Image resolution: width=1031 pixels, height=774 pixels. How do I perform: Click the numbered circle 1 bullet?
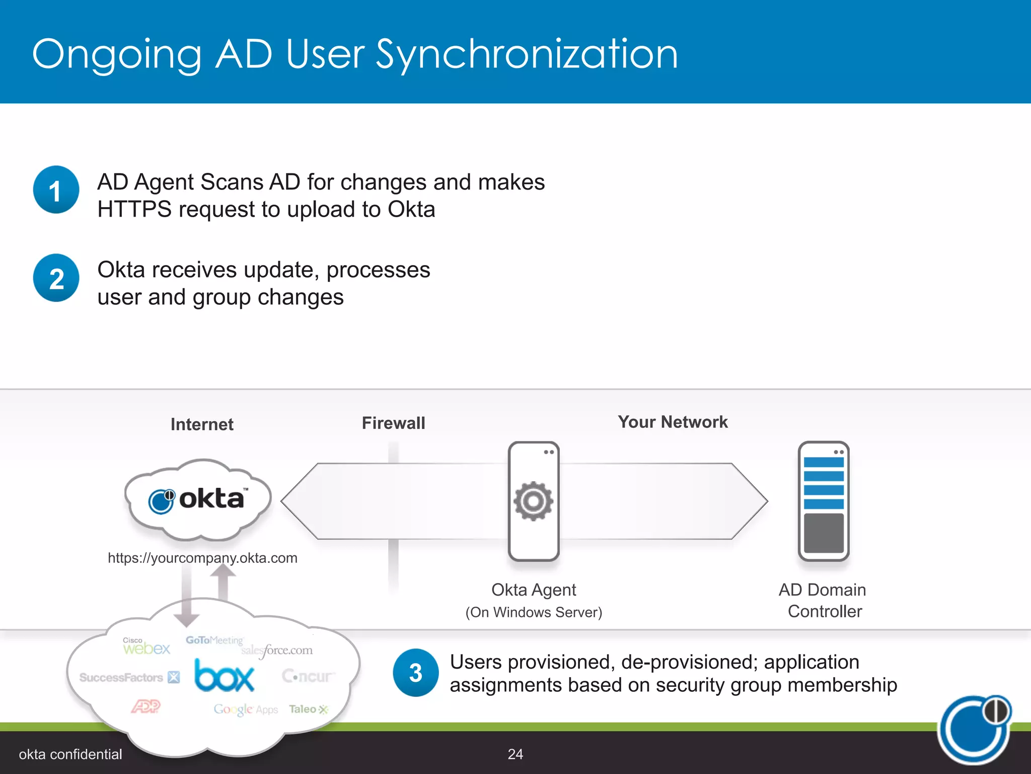pos(56,190)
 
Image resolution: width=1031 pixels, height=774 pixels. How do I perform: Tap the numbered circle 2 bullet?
pos(56,278)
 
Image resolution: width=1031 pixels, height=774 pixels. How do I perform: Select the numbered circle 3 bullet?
pos(415,673)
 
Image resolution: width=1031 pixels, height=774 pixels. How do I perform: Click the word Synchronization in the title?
pos(527,54)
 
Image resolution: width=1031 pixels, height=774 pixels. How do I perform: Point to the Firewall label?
pos(393,423)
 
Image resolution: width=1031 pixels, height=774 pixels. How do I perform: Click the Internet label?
pos(202,424)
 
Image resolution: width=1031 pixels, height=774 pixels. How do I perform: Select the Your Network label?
pos(673,422)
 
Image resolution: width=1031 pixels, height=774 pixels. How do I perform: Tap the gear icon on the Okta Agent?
pos(533,501)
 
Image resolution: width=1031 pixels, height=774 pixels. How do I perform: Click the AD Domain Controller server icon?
pos(824,501)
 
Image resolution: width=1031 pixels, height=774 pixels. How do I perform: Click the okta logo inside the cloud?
pos(198,500)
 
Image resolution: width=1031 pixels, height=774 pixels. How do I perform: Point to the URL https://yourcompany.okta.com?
pos(202,558)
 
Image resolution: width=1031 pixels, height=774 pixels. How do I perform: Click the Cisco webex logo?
pos(146,647)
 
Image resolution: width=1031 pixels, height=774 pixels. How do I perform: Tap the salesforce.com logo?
pos(277,651)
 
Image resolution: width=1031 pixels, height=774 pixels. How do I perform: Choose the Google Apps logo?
pos(246,709)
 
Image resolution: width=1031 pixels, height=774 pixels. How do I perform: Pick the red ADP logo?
pos(145,706)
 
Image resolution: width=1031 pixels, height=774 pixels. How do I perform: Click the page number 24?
pos(515,754)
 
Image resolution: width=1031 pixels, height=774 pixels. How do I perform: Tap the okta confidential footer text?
pos(70,754)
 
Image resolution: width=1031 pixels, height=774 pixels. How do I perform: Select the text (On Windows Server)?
pos(534,612)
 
